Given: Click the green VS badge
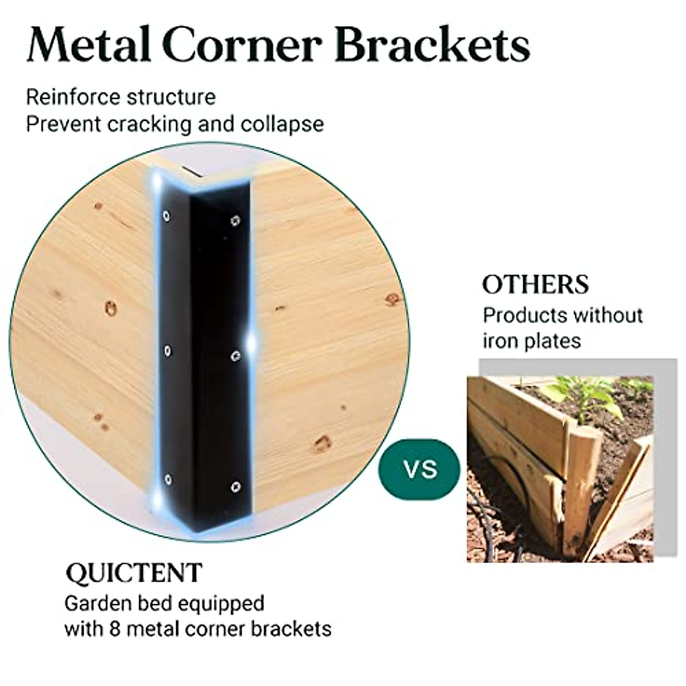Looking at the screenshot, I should (x=420, y=469).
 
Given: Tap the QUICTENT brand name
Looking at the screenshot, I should (x=134, y=573).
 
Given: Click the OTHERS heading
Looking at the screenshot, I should (x=535, y=285).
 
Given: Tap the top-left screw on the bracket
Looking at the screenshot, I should (x=166, y=216).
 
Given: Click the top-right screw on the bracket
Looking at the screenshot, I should (x=235, y=220).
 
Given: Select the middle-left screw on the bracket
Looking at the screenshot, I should (x=167, y=350).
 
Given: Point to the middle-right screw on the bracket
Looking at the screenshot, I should (x=236, y=357).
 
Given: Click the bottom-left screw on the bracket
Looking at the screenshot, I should (x=167, y=479).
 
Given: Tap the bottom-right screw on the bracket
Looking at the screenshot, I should (x=236, y=486).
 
